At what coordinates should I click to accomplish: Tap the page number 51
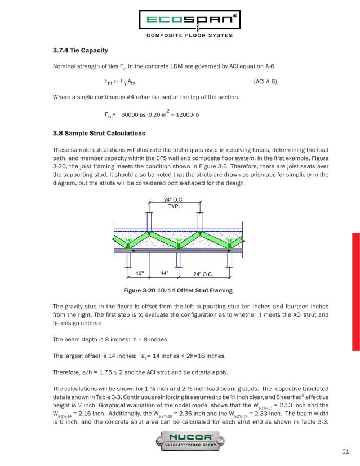(x=345, y=450)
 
